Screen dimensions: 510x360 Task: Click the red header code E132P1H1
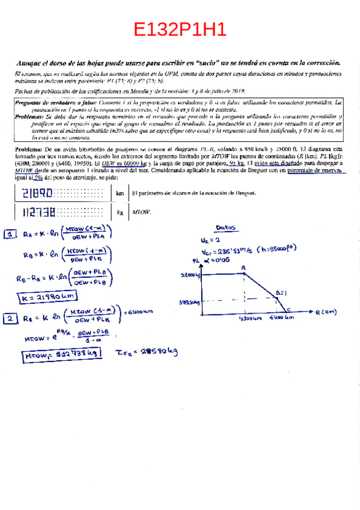pos(180,29)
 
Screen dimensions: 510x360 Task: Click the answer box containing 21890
pos(61,193)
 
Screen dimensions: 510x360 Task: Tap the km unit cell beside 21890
pos(119,193)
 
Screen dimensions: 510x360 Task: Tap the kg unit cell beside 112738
pos(119,212)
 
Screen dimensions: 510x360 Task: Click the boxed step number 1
pos(10,235)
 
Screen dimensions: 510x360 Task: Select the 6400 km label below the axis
pos(281,318)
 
